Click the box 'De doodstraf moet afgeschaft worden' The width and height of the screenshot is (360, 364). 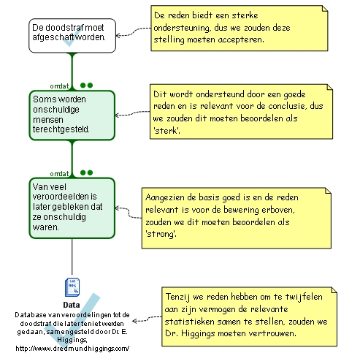coord(72,36)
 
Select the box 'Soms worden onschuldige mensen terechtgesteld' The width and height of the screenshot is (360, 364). coord(72,115)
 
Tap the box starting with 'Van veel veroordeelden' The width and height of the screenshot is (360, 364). coord(72,208)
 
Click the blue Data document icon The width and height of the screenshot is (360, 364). coord(72,287)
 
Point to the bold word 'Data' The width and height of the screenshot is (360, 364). coord(72,305)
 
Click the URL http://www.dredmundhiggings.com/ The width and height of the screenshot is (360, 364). coord(72,349)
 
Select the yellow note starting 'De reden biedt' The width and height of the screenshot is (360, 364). coord(240,29)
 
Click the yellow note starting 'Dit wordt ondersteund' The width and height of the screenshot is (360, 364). coord(241,112)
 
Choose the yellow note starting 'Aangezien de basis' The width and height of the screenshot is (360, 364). coord(237,218)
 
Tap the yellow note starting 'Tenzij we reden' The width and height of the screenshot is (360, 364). coord(249,316)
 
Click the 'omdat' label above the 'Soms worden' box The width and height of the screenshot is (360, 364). coord(59,86)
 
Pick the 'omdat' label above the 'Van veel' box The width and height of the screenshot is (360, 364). coord(59,174)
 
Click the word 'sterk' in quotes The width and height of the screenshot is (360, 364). coord(166,131)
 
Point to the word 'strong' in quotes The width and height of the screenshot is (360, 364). coord(161,234)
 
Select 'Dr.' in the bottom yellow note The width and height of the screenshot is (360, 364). coord(171,333)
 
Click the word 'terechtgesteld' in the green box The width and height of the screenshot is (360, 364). coord(61,129)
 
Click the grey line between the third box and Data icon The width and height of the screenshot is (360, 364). coord(72,257)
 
